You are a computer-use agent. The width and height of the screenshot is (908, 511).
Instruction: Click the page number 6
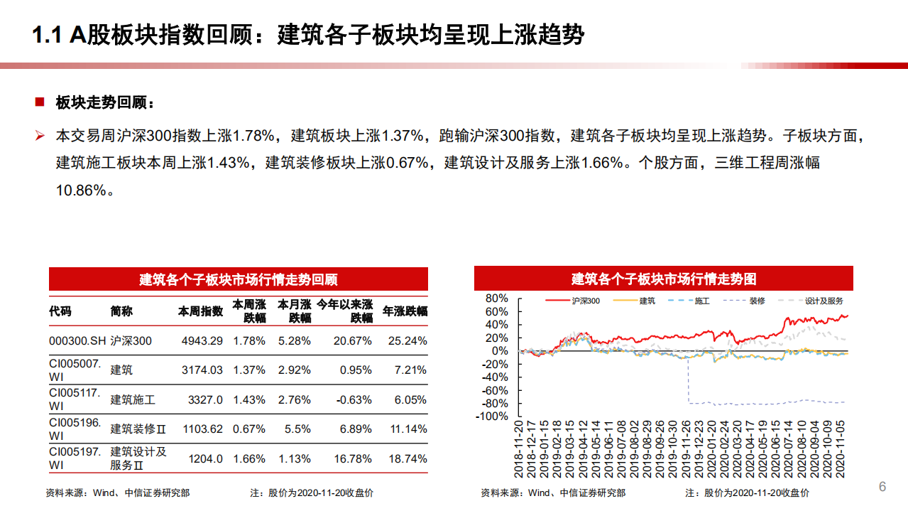[882, 487]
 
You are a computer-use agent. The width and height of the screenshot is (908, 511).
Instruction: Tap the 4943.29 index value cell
[202, 341]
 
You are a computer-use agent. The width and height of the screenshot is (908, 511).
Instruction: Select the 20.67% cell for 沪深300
[353, 341]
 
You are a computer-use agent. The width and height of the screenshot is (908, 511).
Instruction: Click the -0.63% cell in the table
[353, 399]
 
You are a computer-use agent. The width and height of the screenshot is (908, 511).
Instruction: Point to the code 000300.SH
[77, 341]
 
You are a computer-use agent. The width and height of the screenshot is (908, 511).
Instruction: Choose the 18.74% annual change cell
[407, 458]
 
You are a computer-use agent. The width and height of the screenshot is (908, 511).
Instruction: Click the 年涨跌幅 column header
[405, 311]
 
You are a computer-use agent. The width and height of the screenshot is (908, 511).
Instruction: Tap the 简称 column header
[121, 311]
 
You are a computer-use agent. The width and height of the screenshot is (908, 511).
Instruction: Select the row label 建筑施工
[133, 399]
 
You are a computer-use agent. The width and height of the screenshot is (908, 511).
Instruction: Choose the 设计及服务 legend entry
[824, 301]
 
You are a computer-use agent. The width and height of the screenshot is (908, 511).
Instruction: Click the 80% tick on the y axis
[498, 298]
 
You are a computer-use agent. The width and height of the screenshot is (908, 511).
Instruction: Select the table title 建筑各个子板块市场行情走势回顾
[238, 279]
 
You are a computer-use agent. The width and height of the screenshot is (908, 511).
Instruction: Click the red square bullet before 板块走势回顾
[40, 102]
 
